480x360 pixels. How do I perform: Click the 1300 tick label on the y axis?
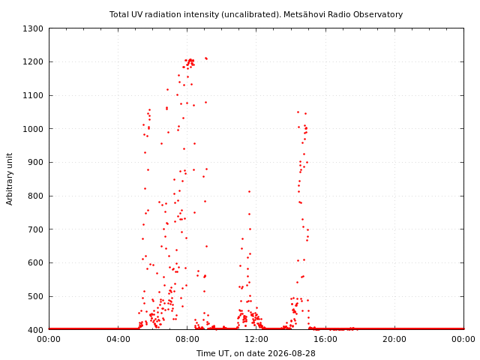(x=33, y=28)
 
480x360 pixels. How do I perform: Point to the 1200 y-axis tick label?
(x=33, y=61)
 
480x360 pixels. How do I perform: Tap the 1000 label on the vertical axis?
(x=33, y=129)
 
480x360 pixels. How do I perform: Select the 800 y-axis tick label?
(x=35, y=196)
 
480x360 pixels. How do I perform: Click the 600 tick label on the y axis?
(x=35, y=263)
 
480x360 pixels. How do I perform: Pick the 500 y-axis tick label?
(x=35, y=296)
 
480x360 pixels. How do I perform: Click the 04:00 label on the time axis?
(x=118, y=339)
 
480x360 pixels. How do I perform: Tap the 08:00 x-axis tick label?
(x=187, y=339)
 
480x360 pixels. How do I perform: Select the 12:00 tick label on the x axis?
(x=256, y=339)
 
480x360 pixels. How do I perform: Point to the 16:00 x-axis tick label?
(x=325, y=339)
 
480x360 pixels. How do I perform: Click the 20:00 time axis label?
(x=394, y=339)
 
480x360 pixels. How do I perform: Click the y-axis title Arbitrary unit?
(x=10, y=179)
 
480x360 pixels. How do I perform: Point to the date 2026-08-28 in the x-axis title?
(x=292, y=353)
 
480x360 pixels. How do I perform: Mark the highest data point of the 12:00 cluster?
(x=249, y=192)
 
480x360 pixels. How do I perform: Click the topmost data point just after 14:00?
(x=298, y=112)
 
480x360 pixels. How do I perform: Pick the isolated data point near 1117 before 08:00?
(x=167, y=90)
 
